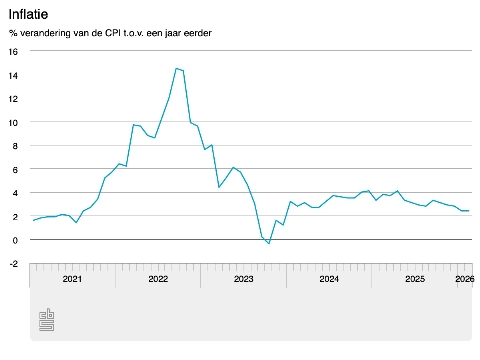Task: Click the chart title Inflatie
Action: pyautogui.click(x=28, y=13)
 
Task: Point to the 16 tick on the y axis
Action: pyautogui.click(x=13, y=51)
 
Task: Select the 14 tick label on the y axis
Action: pyautogui.click(x=13, y=75)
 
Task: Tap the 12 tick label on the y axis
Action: pyautogui.click(x=13, y=98)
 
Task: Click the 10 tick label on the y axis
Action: pyautogui.click(x=13, y=122)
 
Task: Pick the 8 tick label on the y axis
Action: pyautogui.click(x=15, y=145)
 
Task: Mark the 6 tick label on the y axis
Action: pyautogui.click(x=15, y=169)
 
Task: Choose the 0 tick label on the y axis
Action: pyautogui.click(x=15, y=240)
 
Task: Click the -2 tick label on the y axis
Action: pyautogui.click(x=13, y=263)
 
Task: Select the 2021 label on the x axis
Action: pyautogui.click(x=72, y=280)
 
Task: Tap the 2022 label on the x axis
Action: pyautogui.click(x=158, y=280)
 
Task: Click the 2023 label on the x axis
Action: pyautogui.click(x=243, y=280)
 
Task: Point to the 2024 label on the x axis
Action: pyautogui.click(x=329, y=280)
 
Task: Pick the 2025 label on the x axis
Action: pyautogui.click(x=414, y=280)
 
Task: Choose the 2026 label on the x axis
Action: pyautogui.click(x=464, y=280)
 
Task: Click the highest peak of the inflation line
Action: pyautogui.click(x=176, y=68)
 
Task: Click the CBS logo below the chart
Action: pyautogui.click(x=47, y=320)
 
